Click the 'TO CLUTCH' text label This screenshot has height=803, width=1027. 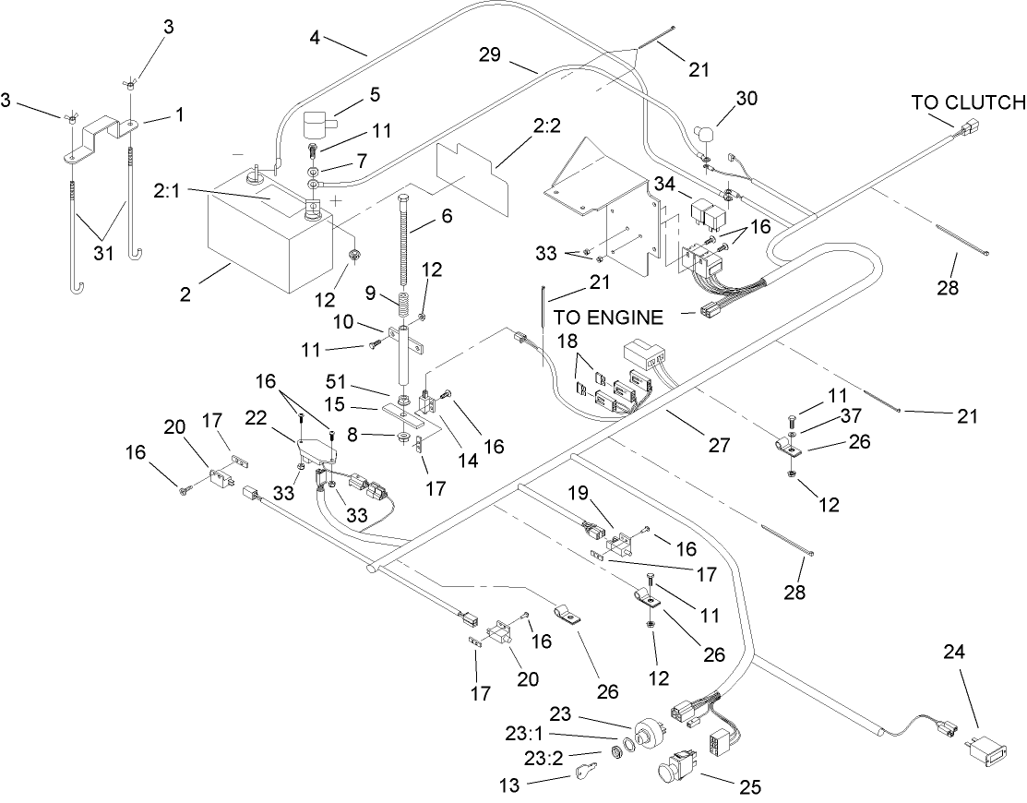[968, 102]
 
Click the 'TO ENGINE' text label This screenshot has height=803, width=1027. [608, 318]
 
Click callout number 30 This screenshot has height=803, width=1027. [748, 100]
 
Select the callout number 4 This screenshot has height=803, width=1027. [316, 39]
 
